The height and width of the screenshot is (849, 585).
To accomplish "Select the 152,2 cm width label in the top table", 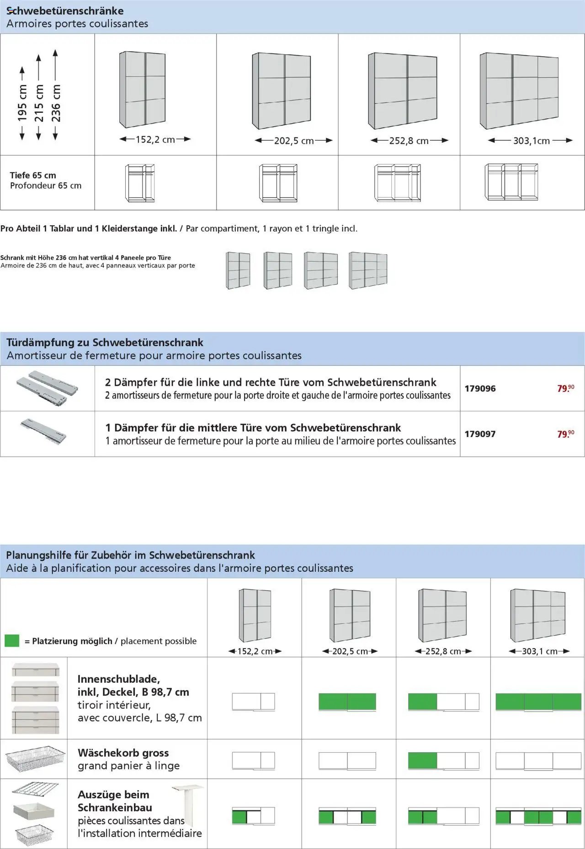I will pyautogui.click(x=155, y=139).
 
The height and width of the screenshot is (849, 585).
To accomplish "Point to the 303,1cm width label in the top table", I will pyautogui.click(x=531, y=141).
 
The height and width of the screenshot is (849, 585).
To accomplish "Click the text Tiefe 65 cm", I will pyautogui.click(x=33, y=175).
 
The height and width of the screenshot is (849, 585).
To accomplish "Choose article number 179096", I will pyautogui.click(x=480, y=389).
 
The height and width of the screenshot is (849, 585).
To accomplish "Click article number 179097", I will pyautogui.click(x=480, y=434).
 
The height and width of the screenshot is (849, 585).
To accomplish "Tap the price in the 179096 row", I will pyautogui.click(x=565, y=388).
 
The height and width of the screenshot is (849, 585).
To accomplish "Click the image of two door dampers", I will pyautogui.click(x=47, y=387).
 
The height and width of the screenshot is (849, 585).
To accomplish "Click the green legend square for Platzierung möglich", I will pyautogui.click(x=12, y=641).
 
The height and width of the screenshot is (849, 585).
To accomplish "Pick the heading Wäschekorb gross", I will pyautogui.click(x=123, y=753).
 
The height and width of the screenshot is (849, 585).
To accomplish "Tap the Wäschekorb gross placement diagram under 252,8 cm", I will pyautogui.click(x=443, y=760).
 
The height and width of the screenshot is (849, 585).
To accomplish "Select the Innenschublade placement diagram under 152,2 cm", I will pyautogui.click(x=253, y=701).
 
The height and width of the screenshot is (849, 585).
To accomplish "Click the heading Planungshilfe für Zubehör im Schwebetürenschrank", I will pyautogui.click(x=130, y=555).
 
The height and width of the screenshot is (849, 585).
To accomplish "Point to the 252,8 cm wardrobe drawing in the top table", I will pyautogui.click(x=403, y=91).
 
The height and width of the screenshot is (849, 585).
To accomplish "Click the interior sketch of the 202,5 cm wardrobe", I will pyautogui.click(x=278, y=183).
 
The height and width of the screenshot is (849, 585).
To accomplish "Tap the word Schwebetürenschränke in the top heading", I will pyautogui.click(x=65, y=11).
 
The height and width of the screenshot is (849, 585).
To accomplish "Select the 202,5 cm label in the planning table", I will pyautogui.click(x=350, y=651).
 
